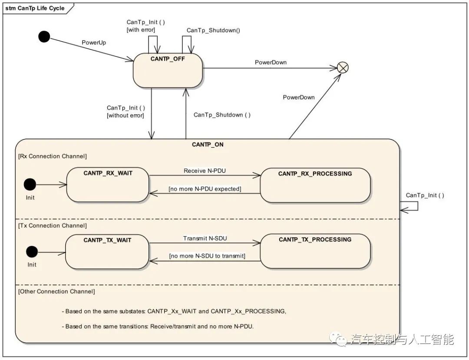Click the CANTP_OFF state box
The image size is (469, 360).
[168, 70]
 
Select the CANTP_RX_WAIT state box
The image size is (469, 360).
[108, 185]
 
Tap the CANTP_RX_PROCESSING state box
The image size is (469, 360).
[315, 185]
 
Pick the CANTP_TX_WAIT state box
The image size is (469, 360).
[107, 252]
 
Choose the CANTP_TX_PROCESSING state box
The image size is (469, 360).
[315, 251]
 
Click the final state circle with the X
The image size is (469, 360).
[343, 68]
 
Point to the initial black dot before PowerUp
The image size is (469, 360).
[44, 36]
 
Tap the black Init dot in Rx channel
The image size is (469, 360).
[30, 185]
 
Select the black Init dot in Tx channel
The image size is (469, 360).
[32, 252]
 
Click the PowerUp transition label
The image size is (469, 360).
[94, 43]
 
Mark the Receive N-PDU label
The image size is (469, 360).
[205, 171]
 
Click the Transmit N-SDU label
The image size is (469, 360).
[205, 238]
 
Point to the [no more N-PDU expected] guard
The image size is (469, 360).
[205, 189]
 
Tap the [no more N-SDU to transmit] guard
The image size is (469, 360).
[207, 256]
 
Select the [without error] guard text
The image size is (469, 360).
[126, 116]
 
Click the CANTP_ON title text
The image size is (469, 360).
[208, 145]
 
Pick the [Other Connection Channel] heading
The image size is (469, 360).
[56, 291]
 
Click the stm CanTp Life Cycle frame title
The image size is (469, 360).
[35, 8]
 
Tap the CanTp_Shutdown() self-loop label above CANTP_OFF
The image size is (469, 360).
[213, 30]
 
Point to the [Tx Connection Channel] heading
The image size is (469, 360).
[53, 226]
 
